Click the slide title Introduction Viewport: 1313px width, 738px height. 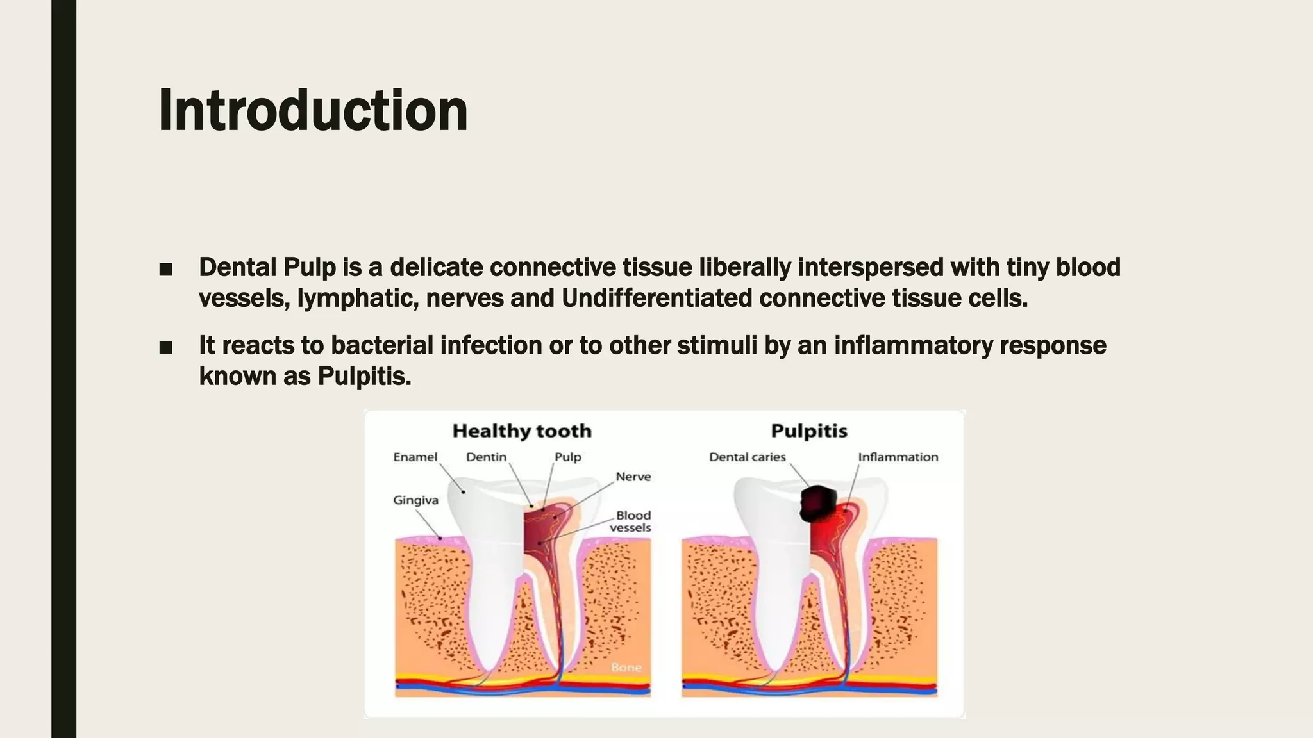313,111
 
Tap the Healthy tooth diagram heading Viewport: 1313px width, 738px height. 522,431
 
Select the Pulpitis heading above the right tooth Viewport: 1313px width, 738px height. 809,431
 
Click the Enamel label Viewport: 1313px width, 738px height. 415,457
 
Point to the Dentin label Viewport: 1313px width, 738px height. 486,457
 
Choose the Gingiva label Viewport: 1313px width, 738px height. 415,500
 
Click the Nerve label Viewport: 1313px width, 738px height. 633,477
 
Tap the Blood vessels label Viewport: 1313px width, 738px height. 631,521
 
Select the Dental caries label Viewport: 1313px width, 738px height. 747,457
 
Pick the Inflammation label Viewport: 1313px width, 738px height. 898,457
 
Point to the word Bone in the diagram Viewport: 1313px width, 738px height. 626,668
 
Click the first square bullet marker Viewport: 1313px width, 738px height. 166,269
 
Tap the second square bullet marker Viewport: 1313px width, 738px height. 166,347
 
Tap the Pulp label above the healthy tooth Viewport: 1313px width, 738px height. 567,457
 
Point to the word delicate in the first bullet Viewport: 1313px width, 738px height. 436,268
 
